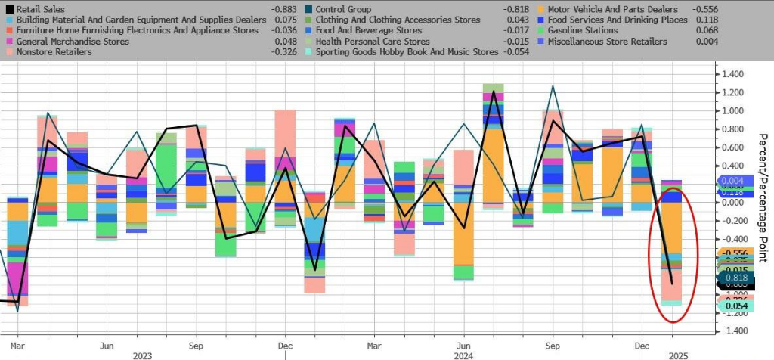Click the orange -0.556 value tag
[735, 253]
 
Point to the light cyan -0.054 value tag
[735, 306]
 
